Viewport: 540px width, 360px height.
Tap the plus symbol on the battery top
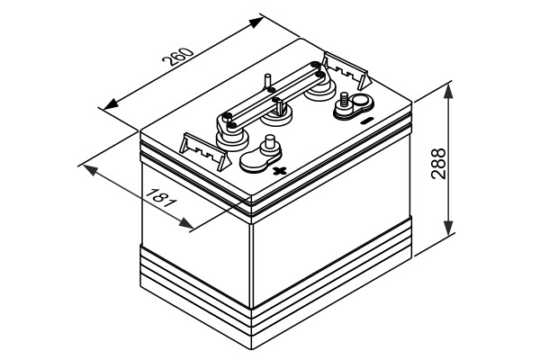[x=279, y=171]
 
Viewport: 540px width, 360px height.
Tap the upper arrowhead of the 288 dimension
[x=448, y=87]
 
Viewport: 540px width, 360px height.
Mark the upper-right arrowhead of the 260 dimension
[x=262, y=18]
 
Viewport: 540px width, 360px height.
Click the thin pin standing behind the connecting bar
[x=269, y=81]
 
